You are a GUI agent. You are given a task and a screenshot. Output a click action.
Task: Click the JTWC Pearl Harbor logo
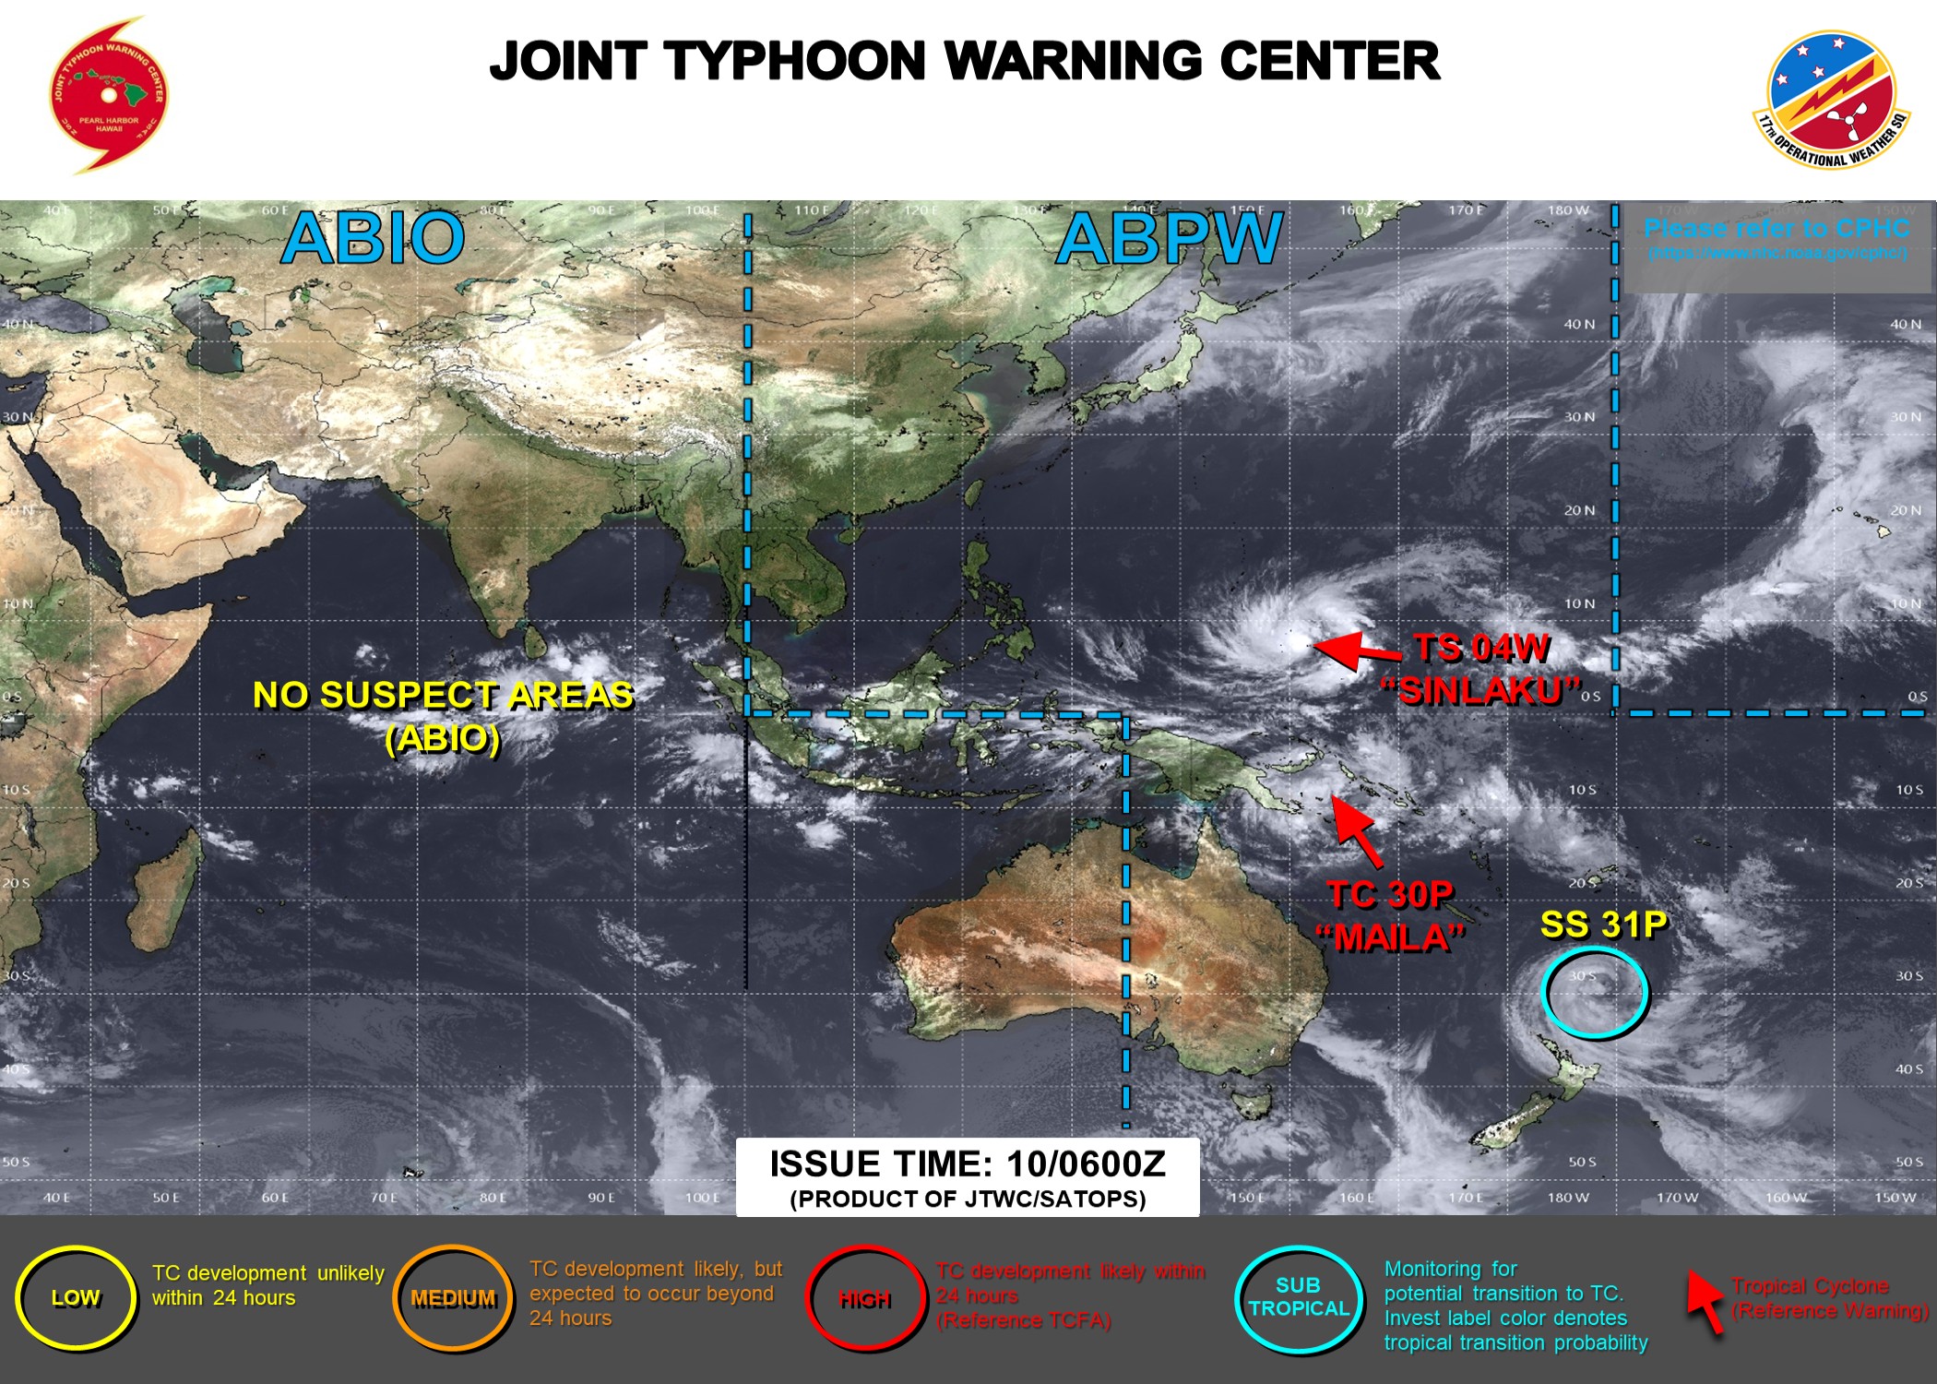pyautogui.click(x=109, y=95)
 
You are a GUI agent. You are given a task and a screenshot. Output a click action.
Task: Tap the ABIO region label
pyautogui.click(x=373, y=238)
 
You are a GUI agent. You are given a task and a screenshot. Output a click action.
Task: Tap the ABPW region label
pyautogui.click(x=1169, y=238)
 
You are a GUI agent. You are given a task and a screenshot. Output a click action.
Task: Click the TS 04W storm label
pyautogui.click(x=1481, y=648)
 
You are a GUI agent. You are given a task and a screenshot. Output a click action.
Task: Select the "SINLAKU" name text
pyautogui.click(x=1481, y=690)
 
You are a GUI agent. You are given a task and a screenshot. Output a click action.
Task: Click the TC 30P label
pyautogui.click(x=1391, y=894)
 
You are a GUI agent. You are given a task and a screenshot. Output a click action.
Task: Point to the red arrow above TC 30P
pyautogui.click(x=1358, y=831)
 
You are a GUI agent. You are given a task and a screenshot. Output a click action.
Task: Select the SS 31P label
pyautogui.click(x=1603, y=925)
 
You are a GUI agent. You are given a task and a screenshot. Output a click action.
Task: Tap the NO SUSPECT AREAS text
pyautogui.click(x=443, y=696)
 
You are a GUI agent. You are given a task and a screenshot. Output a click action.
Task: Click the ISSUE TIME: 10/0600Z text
pyautogui.click(x=968, y=1164)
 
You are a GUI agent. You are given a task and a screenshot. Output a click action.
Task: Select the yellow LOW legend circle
pyautogui.click(x=76, y=1298)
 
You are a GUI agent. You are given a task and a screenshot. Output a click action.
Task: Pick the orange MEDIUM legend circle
pyautogui.click(x=453, y=1298)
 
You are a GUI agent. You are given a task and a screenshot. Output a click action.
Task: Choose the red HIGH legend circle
pyautogui.click(x=864, y=1299)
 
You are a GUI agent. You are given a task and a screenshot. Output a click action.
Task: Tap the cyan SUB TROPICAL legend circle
pyautogui.click(x=1299, y=1297)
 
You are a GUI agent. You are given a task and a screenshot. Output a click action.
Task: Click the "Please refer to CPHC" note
pyautogui.click(x=1777, y=229)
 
